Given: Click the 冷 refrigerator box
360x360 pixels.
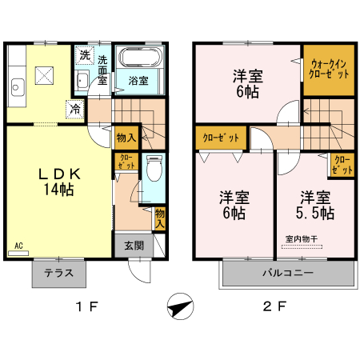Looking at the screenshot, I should click(74, 110).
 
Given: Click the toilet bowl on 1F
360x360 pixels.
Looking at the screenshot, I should click(156, 170).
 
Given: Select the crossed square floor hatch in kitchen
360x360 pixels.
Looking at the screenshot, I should click(44, 77).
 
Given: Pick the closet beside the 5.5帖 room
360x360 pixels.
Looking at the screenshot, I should click(341, 165).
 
